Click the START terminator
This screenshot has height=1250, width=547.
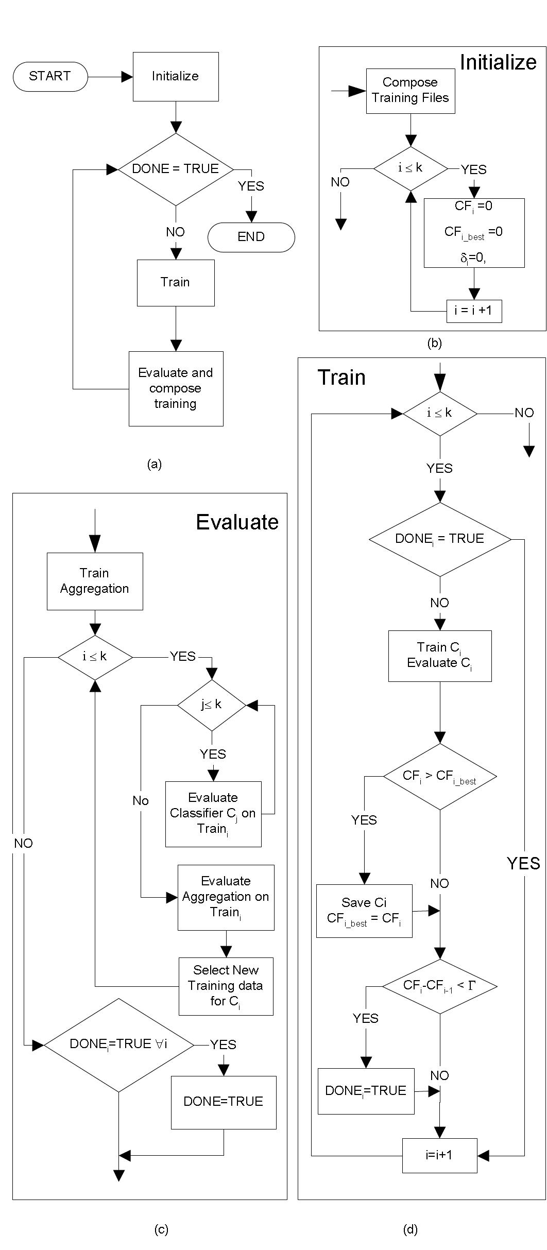click(50, 77)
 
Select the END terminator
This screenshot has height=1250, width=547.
click(251, 237)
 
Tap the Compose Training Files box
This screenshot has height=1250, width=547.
click(411, 91)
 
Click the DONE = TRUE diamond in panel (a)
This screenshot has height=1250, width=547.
click(176, 169)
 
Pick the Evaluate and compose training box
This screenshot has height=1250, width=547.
click(176, 388)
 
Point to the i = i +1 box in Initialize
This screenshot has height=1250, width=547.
click(474, 311)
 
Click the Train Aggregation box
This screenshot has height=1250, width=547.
click(95, 581)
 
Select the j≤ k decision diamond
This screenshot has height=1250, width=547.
click(212, 705)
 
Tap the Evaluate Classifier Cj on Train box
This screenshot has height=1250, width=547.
click(213, 814)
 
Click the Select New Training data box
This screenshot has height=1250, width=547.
click(226, 986)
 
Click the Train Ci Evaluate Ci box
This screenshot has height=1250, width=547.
click(440, 656)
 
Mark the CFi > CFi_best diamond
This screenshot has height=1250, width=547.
click(440, 776)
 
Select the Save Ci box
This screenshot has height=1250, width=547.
click(364, 911)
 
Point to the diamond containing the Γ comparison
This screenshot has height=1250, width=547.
click(440, 986)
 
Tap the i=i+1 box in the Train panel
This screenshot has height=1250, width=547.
click(439, 1155)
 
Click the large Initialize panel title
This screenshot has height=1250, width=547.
click(498, 62)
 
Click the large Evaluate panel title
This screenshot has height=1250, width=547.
click(237, 522)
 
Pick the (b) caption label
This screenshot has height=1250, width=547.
click(435, 344)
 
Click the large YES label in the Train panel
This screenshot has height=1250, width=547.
click(523, 863)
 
